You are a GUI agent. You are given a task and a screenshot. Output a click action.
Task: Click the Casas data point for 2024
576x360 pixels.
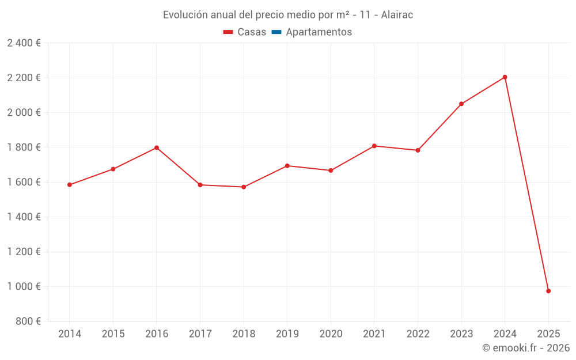[x=505, y=77]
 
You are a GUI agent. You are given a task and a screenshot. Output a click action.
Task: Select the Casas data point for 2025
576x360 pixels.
[x=548, y=291]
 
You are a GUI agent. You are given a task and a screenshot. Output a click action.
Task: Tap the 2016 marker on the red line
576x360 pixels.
[x=157, y=148]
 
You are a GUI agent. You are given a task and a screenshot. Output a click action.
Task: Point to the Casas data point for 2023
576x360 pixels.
[x=461, y=104]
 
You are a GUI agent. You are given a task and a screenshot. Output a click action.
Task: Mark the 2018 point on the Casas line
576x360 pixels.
[x=244, y=187]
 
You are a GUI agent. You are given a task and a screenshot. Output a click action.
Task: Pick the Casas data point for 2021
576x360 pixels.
[x=374, y=146]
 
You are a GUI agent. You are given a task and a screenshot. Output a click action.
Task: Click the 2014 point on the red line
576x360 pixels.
[x=70, y=185]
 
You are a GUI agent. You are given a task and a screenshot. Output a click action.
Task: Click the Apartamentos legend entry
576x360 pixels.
[x=319, y=32]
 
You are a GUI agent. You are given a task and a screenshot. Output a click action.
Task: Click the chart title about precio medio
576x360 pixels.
[x=287, y=15]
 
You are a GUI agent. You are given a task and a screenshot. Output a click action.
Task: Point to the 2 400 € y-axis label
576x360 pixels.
[x=24, y=43]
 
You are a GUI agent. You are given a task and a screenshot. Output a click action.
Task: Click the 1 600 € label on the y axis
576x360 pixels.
[x=24, y=182]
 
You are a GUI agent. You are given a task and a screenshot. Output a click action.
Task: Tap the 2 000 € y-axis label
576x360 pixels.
[x=24, y=112]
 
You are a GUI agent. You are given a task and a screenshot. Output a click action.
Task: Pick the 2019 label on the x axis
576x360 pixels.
[x=287, y=334]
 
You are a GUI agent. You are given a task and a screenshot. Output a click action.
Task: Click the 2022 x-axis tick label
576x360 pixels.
[x=418, y=334]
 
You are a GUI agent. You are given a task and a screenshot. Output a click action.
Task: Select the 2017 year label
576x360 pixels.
[x=200, y=334]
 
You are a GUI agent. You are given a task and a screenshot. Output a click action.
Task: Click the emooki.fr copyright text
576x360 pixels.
[x=525, y=348]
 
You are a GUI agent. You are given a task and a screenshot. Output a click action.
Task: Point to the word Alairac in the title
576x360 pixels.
[x=397, y=15]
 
